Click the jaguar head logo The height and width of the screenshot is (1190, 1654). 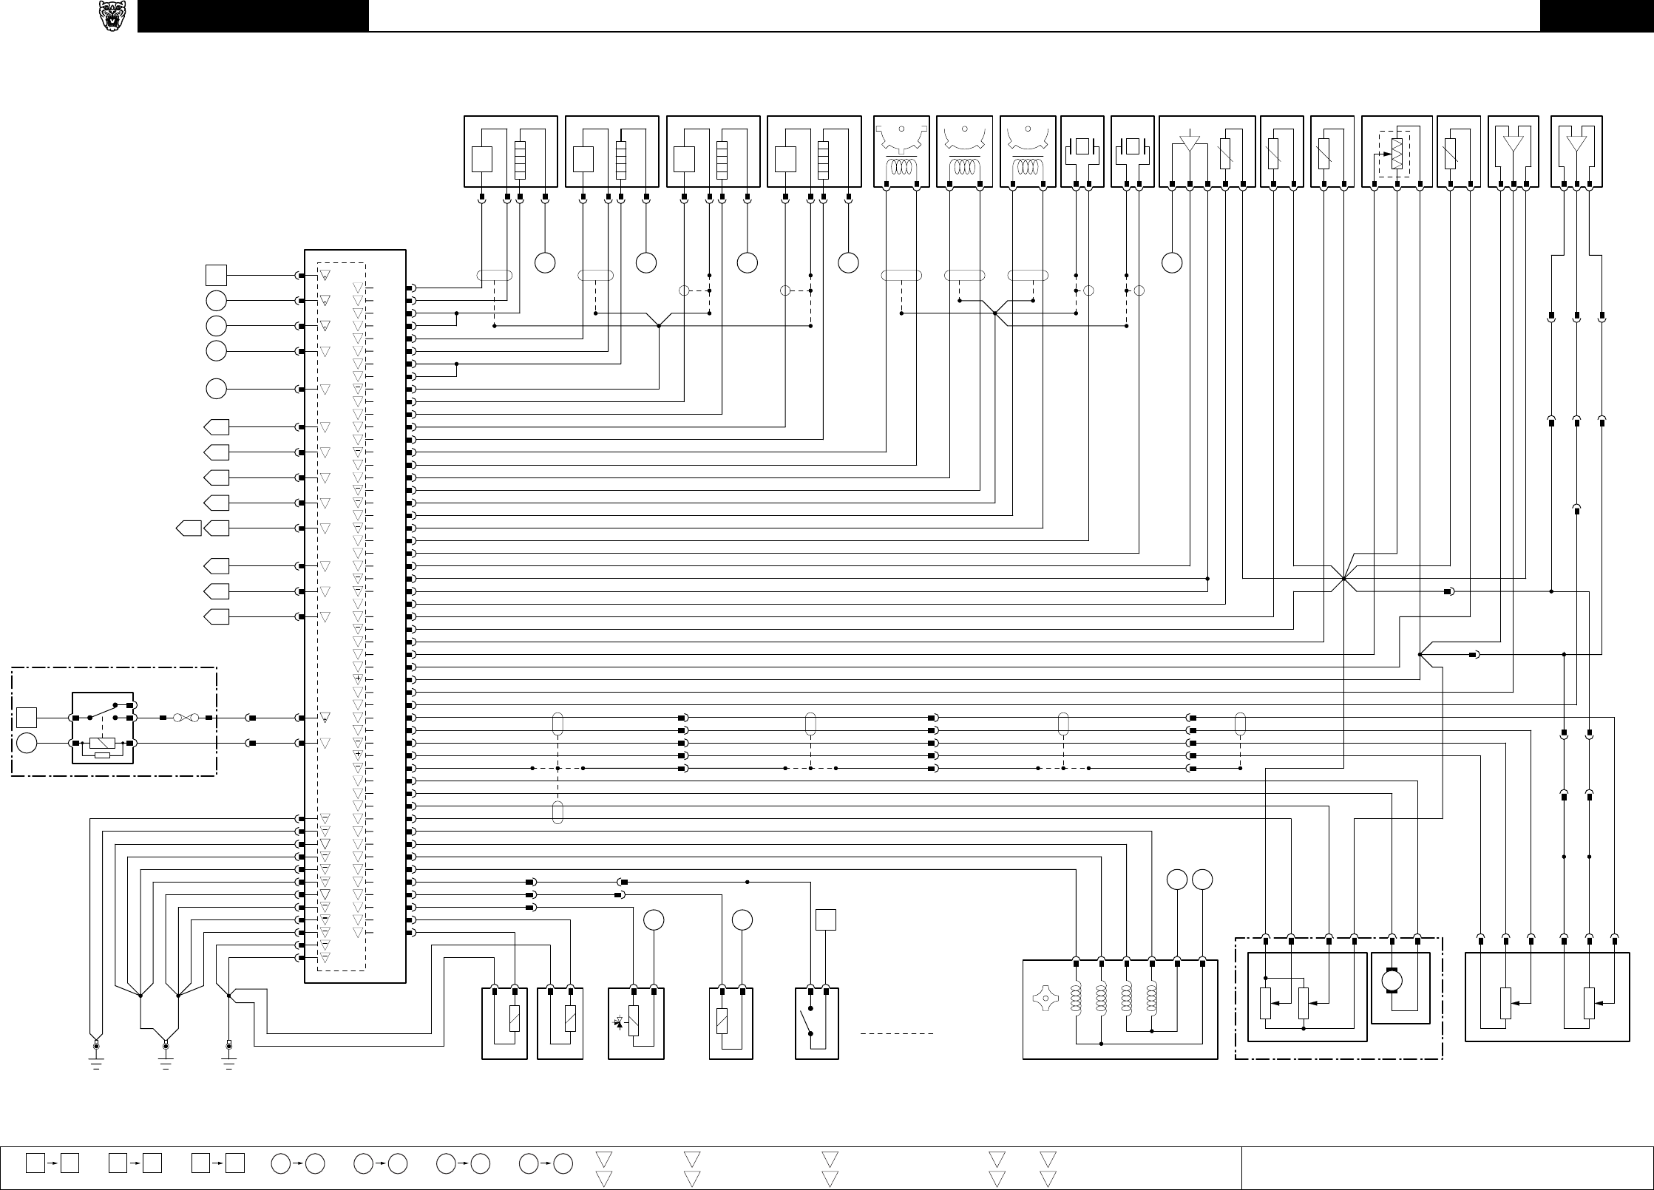(112, 16)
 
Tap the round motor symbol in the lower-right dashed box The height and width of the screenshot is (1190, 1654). (1393, 981)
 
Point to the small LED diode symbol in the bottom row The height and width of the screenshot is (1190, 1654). (619, 1022)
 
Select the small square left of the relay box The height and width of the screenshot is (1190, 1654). (27, 718)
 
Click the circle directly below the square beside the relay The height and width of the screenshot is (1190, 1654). (27, 743)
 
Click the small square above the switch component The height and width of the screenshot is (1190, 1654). (825, 919)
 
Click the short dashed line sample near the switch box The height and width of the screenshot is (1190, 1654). (897, 1033)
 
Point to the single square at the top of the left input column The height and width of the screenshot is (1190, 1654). (216, 275)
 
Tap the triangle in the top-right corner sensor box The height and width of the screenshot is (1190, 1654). (1576, 143)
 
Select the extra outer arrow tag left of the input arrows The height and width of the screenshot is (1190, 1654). (189, 528)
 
